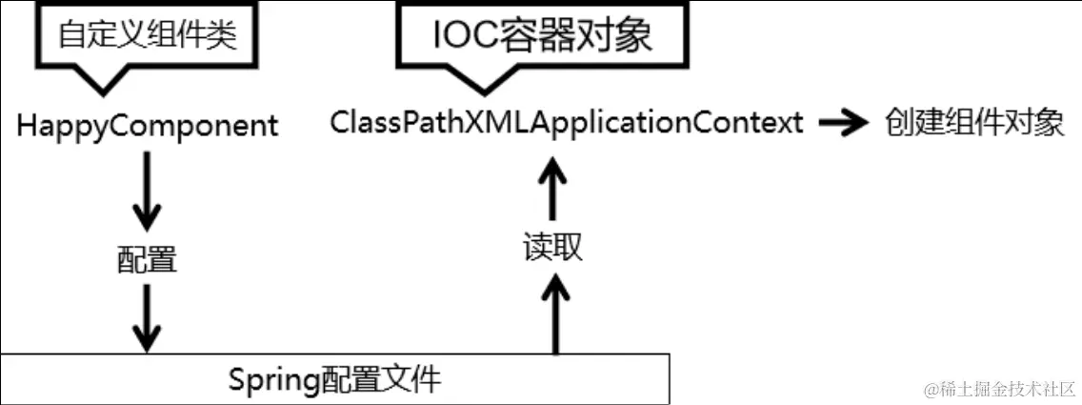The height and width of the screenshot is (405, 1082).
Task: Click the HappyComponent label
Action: point(148,125)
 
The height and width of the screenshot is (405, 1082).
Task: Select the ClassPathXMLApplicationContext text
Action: point(567,122)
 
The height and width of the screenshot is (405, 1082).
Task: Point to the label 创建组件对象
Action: point(974,123)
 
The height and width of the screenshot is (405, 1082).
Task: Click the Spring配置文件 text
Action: point(335,380)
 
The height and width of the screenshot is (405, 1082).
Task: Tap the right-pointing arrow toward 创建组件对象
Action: point(843,123)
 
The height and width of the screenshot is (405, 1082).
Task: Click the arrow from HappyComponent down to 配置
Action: point(146,191)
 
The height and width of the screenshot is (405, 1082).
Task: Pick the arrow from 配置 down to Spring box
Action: point(146,319)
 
